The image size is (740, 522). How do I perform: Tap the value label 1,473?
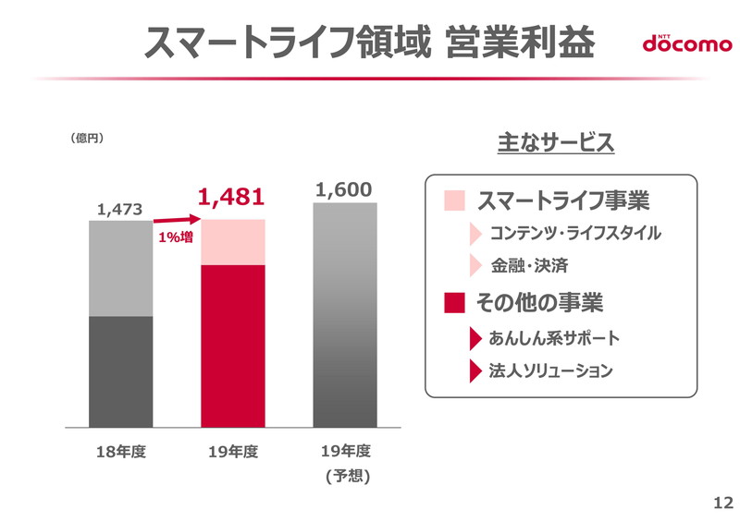coord(119,210)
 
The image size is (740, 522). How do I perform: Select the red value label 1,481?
coord(232,196)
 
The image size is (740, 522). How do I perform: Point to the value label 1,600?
coord(344,189)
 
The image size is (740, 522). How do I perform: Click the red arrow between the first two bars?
coord(177,220)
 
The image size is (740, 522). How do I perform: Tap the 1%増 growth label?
coord(176,237)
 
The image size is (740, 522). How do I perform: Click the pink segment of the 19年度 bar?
coord(233,242)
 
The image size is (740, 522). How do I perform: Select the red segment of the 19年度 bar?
coord(233,346)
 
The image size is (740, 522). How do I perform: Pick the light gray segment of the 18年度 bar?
coord(121,269)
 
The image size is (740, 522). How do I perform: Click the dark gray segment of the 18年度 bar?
coord(121,372)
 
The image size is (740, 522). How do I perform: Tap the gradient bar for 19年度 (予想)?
coord(345,315)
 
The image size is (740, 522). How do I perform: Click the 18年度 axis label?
coord(121,452)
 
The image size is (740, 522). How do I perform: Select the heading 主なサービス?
coord(556,143)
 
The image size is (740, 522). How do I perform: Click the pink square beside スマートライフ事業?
coord(454,200)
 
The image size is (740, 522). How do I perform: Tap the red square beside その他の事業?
coord(454,302)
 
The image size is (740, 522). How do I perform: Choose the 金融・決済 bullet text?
coord(530,266)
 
